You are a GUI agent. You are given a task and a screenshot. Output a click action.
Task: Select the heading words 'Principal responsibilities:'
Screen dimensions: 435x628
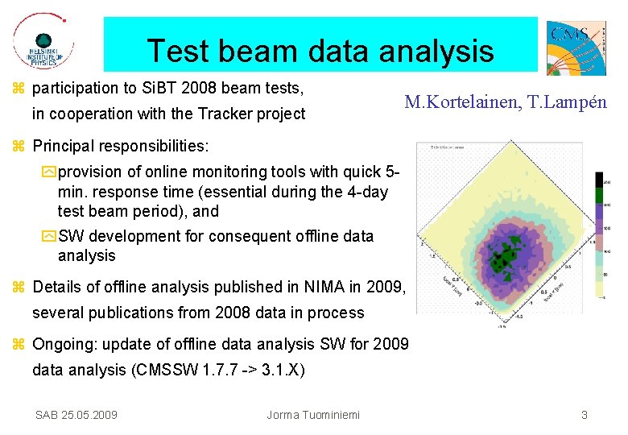121,147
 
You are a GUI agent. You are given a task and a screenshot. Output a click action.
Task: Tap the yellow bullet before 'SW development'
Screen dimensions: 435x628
49,237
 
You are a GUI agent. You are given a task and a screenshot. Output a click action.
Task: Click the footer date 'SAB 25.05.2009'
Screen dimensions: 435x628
76,415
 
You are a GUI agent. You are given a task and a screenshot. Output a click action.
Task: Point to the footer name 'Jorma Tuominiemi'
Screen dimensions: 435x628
313,415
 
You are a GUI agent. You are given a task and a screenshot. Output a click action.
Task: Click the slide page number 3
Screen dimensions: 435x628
585,415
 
